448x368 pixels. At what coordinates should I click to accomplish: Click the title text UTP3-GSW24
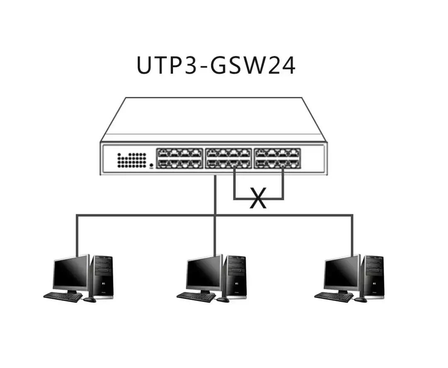point(216,65)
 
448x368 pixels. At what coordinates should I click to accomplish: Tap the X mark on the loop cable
point(258,198)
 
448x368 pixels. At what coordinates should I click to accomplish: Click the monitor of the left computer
point(71,272)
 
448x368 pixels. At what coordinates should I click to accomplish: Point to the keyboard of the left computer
point(63,297)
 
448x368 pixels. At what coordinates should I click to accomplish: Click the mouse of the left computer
point(89,299)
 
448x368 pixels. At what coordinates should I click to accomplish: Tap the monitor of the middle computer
point(204,272)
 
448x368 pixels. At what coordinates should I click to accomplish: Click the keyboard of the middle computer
point(196,297)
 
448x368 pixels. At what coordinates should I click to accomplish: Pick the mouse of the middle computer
point(223,299)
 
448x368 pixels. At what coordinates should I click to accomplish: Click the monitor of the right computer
point(341,272)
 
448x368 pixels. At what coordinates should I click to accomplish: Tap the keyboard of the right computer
point(334,297)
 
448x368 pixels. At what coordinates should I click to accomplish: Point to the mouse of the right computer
point(360,299)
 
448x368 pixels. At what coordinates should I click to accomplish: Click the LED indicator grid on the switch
point(131,160)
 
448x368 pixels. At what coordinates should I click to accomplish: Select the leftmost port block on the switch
point(179,158)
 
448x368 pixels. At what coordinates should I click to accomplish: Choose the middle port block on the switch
point(229,158)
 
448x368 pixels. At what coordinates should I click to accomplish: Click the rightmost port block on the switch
point(277,158)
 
